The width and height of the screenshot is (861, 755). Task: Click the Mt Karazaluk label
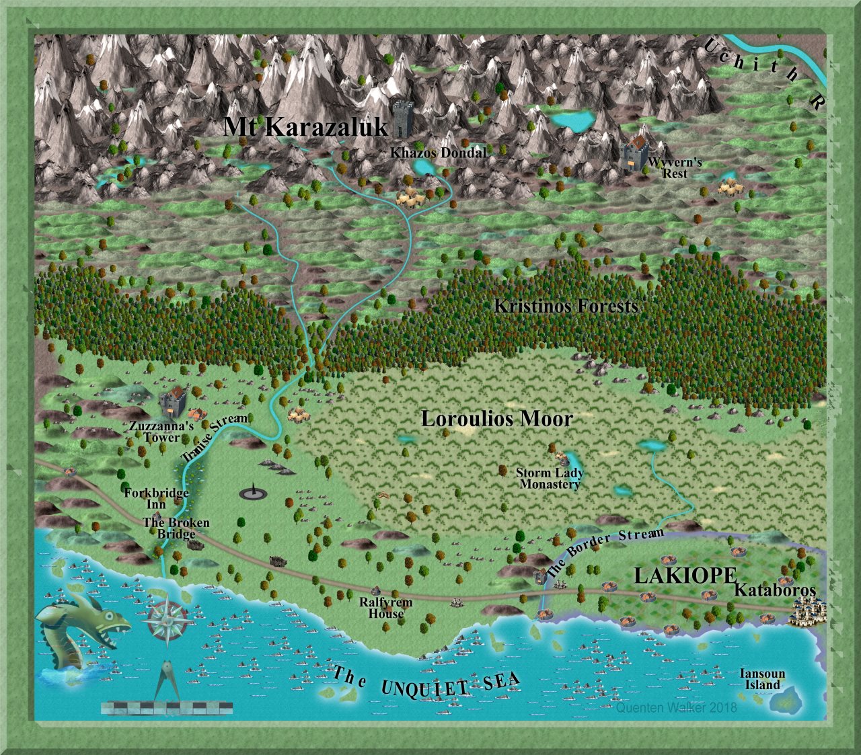tap(306, 126)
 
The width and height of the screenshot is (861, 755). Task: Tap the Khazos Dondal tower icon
tap(402, 119)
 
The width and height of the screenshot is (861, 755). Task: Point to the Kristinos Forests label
tap(566, 306)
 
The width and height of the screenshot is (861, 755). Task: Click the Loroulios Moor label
tap(497, 419)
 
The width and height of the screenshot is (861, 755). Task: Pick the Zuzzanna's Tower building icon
tap(173, 401)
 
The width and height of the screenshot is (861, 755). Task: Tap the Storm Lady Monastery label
tap(550, 478)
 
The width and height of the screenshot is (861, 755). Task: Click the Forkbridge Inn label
tap(156, 498)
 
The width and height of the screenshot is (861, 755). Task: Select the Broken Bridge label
tap(176, 528)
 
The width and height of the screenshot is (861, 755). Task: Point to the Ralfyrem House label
tap(385, 608)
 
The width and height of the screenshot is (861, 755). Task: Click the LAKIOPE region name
tap(685, 575)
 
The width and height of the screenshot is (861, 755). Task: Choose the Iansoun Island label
tap(762, 679)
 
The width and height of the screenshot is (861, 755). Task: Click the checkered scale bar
tap(167, 707)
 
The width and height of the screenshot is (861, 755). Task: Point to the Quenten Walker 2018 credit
tap(676, 707)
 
